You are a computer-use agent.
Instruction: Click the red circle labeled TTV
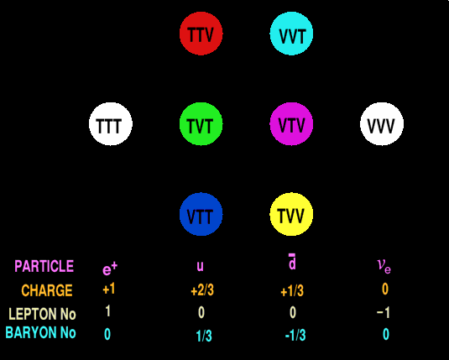pos(201,34)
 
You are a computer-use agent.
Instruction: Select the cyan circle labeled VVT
pos(291,34)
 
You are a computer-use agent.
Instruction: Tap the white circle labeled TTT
pos(111,124)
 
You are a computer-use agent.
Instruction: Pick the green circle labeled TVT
pos(201,124)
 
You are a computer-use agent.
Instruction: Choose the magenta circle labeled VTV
pos(291,124)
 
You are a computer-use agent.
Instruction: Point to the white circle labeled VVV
pos(382,124)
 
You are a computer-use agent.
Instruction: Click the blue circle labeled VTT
pos(201,215)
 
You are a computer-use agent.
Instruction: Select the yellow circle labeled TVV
pos(291,215)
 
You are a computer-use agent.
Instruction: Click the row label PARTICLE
pos(44,266)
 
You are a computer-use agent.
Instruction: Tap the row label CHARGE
pos(47,290)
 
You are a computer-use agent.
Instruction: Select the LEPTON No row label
pos(42,314)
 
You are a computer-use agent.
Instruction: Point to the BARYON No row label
pos(40,333)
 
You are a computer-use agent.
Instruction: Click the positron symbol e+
pos(110,269)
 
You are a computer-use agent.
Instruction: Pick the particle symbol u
pos(200,266)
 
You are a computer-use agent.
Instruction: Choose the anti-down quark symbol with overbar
pos(292,262)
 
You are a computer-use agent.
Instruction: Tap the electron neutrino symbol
pos(384,266)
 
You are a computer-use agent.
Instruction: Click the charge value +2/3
pos(202,290)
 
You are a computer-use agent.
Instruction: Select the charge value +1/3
pos(292,291)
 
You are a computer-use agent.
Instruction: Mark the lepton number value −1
pos(384,312)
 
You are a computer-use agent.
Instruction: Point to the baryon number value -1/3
pos(295,335)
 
